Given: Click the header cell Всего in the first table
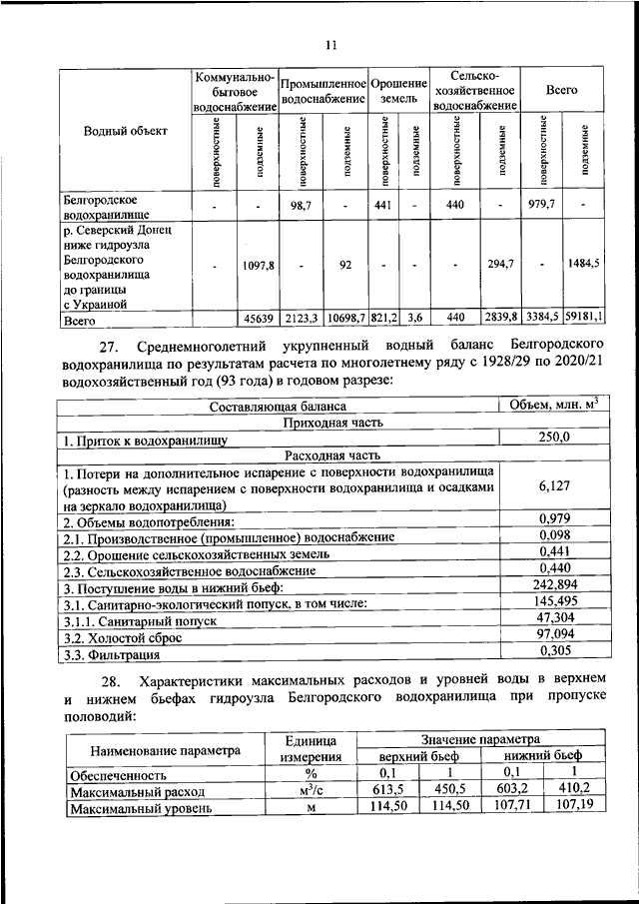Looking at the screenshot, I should [561, 90].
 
